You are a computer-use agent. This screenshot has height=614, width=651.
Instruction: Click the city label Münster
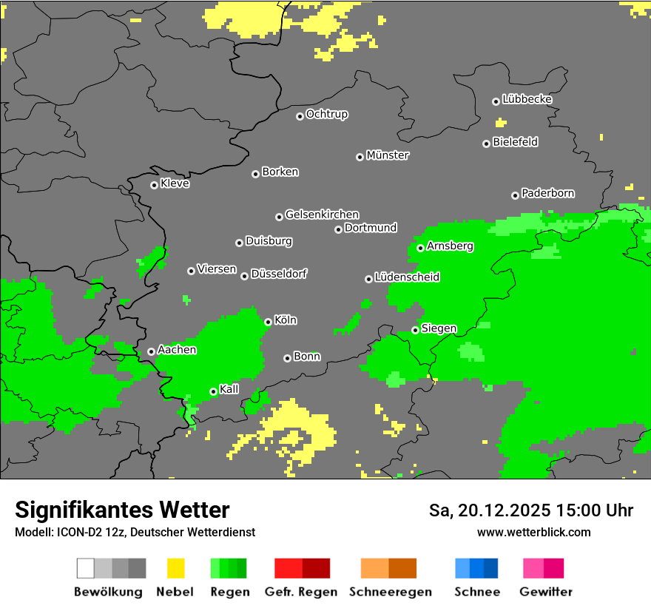388,155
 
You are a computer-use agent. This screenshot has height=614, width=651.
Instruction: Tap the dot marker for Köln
268,322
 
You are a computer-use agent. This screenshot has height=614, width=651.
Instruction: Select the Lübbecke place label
527,99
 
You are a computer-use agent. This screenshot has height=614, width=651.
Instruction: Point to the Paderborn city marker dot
515,195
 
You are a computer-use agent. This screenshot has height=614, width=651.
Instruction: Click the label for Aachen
177,350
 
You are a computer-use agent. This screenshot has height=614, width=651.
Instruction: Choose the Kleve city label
175,183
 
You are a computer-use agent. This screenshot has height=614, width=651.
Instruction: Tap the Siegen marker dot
416,330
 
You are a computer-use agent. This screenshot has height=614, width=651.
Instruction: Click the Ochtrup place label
327,115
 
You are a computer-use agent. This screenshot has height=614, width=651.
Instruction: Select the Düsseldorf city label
278,274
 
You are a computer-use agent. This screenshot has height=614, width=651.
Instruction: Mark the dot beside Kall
213,391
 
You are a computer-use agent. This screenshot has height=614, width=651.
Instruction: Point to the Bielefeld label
515,142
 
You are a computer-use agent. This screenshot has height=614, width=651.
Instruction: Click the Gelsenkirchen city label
322,215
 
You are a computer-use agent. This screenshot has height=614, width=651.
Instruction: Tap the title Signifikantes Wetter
122,510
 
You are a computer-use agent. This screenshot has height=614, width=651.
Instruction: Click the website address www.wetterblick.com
533,532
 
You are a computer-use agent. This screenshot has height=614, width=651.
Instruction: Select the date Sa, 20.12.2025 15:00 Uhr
530,510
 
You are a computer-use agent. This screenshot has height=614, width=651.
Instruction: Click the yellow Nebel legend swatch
175,568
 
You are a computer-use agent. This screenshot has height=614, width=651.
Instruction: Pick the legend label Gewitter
546,592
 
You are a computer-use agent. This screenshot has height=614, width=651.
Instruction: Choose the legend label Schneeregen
391,592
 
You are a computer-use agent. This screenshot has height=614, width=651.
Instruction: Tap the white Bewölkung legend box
86,568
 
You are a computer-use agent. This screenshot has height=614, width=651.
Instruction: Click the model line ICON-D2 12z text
135,532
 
